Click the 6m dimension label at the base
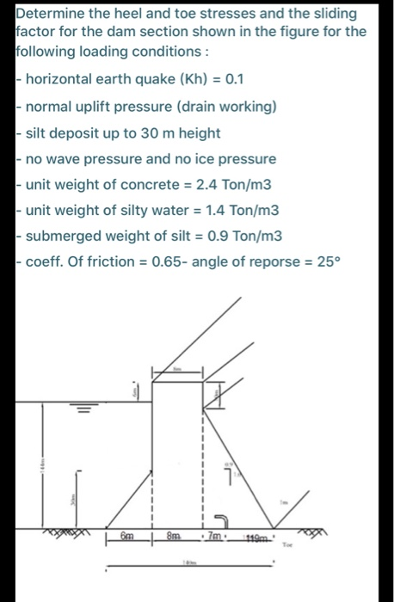point(127,536)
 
